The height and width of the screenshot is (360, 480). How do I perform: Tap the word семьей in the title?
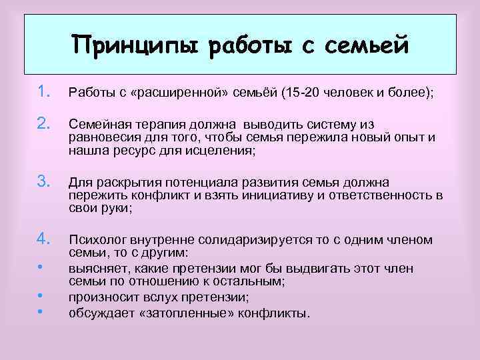[x=365, y=45]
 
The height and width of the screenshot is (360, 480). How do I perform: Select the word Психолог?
[x=97, y=240]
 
